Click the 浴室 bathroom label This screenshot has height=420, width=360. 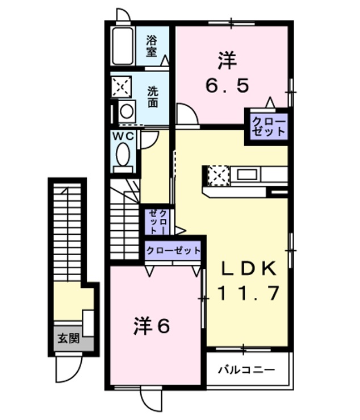pyautogui.click(x=151, y=45)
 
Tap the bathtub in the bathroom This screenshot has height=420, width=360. pyautogui.click(x=123, y=45)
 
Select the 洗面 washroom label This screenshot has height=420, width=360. pyautogui.click(x=153, y=97)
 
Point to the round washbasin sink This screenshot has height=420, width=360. pyautogui.click(x=127, y=110)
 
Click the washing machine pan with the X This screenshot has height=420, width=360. pyautogui.click(x=121, y=86)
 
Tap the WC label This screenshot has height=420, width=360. pyautogui.click(x=122, y=136)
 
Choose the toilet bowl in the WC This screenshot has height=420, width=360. pyautogui.click(x=122, y=154)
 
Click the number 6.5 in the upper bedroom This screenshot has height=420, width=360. pyautogui.click(x=227, y=85)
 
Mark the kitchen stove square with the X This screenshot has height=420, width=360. pyautogui.click(x=218, y=175)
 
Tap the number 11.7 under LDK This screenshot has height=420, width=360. pyautogui.click(x=248, y=293)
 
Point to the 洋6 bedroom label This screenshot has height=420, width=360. pyautogui.click(x=152, y=326)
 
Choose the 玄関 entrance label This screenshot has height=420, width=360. pyautogui.click(x=68, y=339)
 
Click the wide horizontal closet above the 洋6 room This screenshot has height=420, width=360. pyautogui.click(x=173, y=250)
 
